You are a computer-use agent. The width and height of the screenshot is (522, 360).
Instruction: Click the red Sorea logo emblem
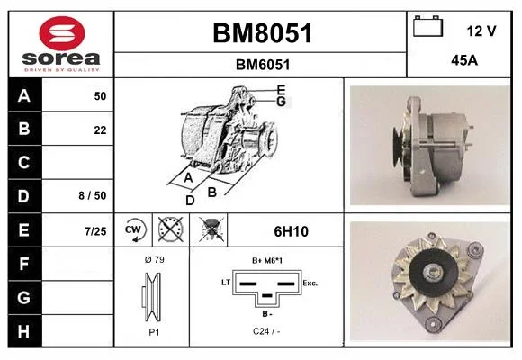[x=62, y=33]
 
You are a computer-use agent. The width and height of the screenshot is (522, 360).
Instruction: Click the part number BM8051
[x=262, y=33]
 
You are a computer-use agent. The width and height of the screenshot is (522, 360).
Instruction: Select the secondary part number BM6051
[x=263, y=65]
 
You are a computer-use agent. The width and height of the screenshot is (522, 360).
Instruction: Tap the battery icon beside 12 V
[x=427, y=26]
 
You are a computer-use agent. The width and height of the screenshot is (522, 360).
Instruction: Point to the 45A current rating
[x=464, y=60]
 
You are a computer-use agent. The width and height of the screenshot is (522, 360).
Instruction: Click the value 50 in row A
[x=100, y=96]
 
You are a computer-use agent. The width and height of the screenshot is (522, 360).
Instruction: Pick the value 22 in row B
[x=100, y=130]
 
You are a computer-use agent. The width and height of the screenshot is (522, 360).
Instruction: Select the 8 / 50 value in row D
[x=93, y=196]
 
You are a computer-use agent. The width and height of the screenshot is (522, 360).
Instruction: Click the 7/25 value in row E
[x=95, y=231]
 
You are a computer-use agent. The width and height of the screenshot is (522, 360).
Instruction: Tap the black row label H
[x=24, y=331]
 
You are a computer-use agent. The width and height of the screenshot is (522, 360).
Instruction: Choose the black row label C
[x=24, y=163]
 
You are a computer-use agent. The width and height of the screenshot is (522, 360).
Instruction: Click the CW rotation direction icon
[x=133, y=229]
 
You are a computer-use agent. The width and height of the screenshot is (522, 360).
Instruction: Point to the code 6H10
[x=291, y=231]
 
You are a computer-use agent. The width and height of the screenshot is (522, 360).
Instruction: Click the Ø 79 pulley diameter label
[x=155, y=259]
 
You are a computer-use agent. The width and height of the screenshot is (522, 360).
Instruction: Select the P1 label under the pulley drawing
[x=154, y=332]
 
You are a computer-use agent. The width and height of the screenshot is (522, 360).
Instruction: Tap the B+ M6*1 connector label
[x=267, y=260]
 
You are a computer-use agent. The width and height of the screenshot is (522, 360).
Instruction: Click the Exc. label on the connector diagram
[x=310, y=283]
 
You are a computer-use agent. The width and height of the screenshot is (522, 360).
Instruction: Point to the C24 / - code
[x=266, y=331]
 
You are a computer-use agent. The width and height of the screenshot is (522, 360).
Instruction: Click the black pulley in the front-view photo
[x=432, y=273]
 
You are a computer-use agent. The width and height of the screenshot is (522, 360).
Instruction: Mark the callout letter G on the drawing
[x=282, y=102]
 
